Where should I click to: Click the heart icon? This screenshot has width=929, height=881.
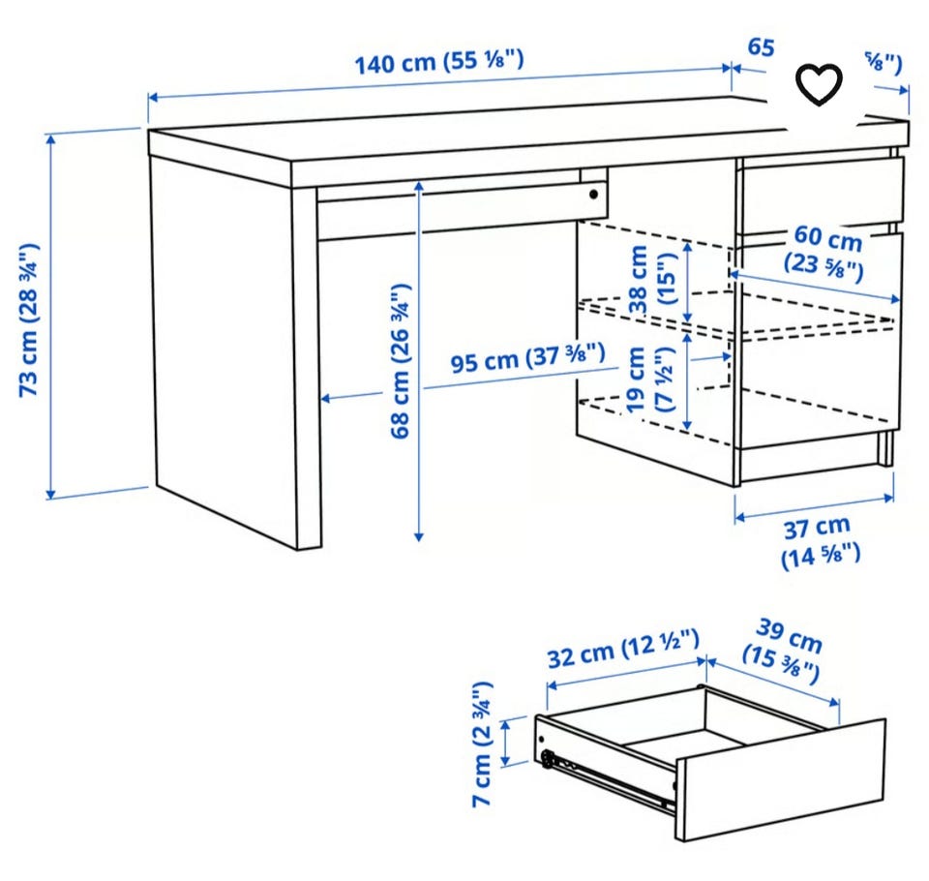819,86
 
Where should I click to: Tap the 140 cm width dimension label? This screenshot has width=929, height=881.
438,64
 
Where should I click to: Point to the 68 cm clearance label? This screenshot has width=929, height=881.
402,360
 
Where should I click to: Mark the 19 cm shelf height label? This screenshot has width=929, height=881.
649,380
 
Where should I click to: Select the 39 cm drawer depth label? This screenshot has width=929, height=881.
784,651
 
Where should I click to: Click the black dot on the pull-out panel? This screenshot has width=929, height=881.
592,194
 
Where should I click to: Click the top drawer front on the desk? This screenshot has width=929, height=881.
821,194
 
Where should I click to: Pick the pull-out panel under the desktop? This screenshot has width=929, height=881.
455,209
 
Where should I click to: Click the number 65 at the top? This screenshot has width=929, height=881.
761,46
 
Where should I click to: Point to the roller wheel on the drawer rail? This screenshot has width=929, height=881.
548,760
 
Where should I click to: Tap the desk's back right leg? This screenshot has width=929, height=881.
886,448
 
